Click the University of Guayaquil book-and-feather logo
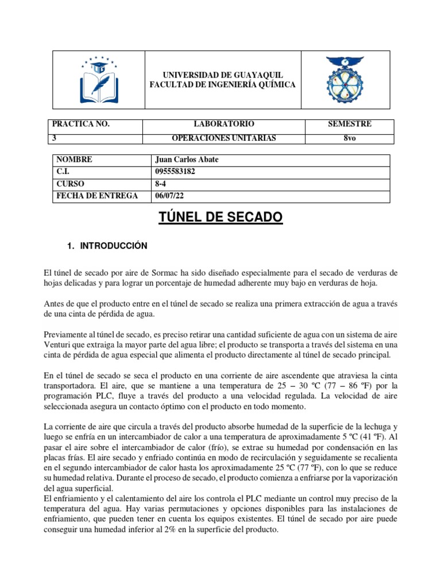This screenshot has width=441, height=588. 98,79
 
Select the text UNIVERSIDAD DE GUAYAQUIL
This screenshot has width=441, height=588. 222,75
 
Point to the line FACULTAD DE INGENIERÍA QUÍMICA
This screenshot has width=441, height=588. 222,85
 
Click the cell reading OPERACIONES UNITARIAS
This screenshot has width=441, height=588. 224,138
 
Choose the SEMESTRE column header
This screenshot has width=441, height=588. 349,124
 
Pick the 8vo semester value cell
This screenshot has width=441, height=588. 349,138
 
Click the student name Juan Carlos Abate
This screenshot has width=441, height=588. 187,160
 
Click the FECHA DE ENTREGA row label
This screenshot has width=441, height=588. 96,196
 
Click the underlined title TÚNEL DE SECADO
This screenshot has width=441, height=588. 220,218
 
